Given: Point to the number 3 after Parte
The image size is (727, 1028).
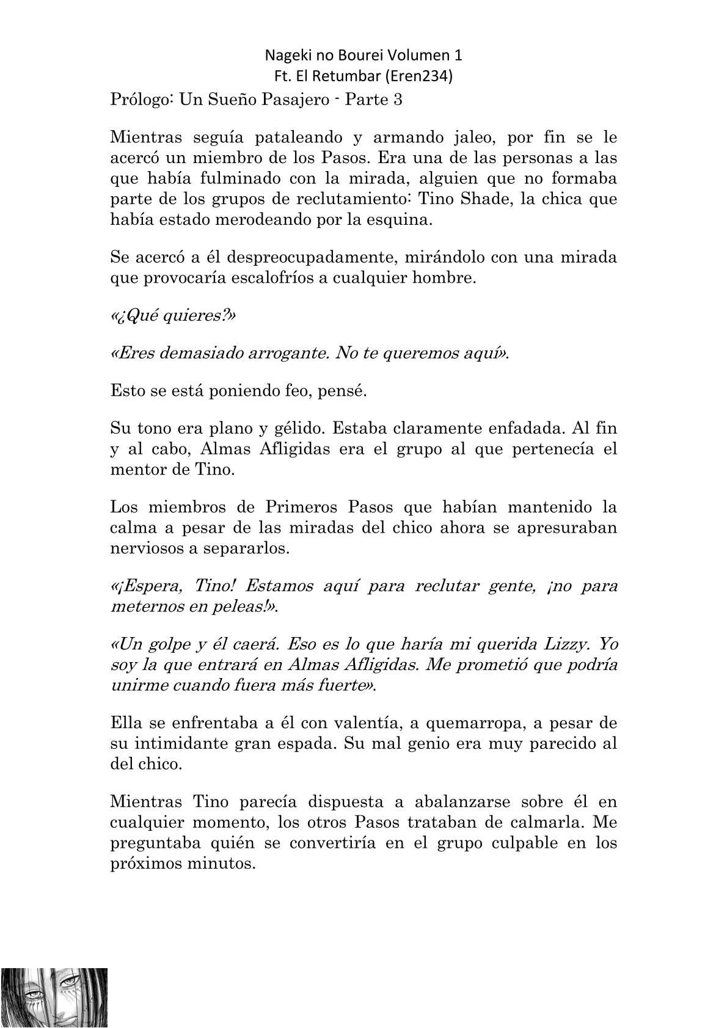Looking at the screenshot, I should pos(398,100).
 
